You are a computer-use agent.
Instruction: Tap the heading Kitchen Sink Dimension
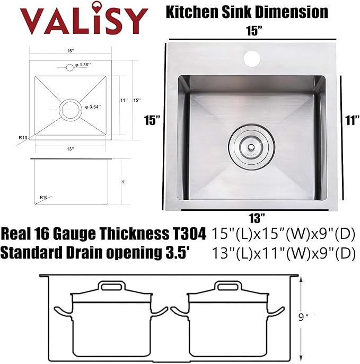click(248, 11)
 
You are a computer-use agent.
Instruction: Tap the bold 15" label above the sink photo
click(255, 31)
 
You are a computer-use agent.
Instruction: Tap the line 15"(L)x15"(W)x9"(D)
click(283, 233)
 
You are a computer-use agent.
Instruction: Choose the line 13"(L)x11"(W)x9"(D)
click(283, 254)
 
